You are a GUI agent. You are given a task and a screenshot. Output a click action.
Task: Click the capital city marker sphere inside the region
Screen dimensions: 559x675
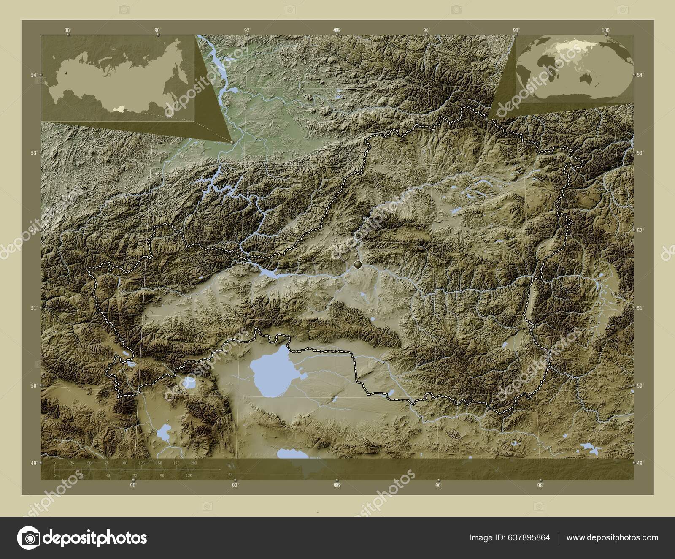click(x=358, y=265)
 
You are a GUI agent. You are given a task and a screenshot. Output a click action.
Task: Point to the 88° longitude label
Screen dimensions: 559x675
click(x=67, y=30)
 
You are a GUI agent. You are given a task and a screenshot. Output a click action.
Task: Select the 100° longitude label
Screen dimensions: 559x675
click(x=606, y=30)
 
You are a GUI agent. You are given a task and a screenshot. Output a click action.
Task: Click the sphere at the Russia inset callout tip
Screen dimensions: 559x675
click(x=232, y=142)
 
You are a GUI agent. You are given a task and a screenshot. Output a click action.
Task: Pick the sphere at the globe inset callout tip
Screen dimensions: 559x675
click(x=487, y=119)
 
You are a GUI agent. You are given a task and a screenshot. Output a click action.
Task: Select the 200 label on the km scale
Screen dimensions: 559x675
click(x=194, y=464)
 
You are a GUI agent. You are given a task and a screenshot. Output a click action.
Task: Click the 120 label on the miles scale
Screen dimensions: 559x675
click(x=189, y=476)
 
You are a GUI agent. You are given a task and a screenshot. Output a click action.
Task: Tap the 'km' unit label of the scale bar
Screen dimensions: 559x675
click(x=230, y=465)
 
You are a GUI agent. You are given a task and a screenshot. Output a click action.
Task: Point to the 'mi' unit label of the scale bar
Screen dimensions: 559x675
click(x=230, y=474)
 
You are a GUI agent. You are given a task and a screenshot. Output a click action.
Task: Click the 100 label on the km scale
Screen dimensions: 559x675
click(x=124, y=464)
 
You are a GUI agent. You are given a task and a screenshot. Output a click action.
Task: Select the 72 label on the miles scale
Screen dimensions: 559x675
click(x=135, y=476)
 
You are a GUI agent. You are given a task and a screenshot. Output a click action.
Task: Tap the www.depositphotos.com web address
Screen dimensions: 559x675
click(x=612, y=537)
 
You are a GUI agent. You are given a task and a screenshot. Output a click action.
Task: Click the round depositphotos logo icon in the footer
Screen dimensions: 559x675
click(x=28, y=538)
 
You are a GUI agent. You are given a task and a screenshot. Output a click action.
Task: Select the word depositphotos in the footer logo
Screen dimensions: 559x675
click(x=95, y=538)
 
